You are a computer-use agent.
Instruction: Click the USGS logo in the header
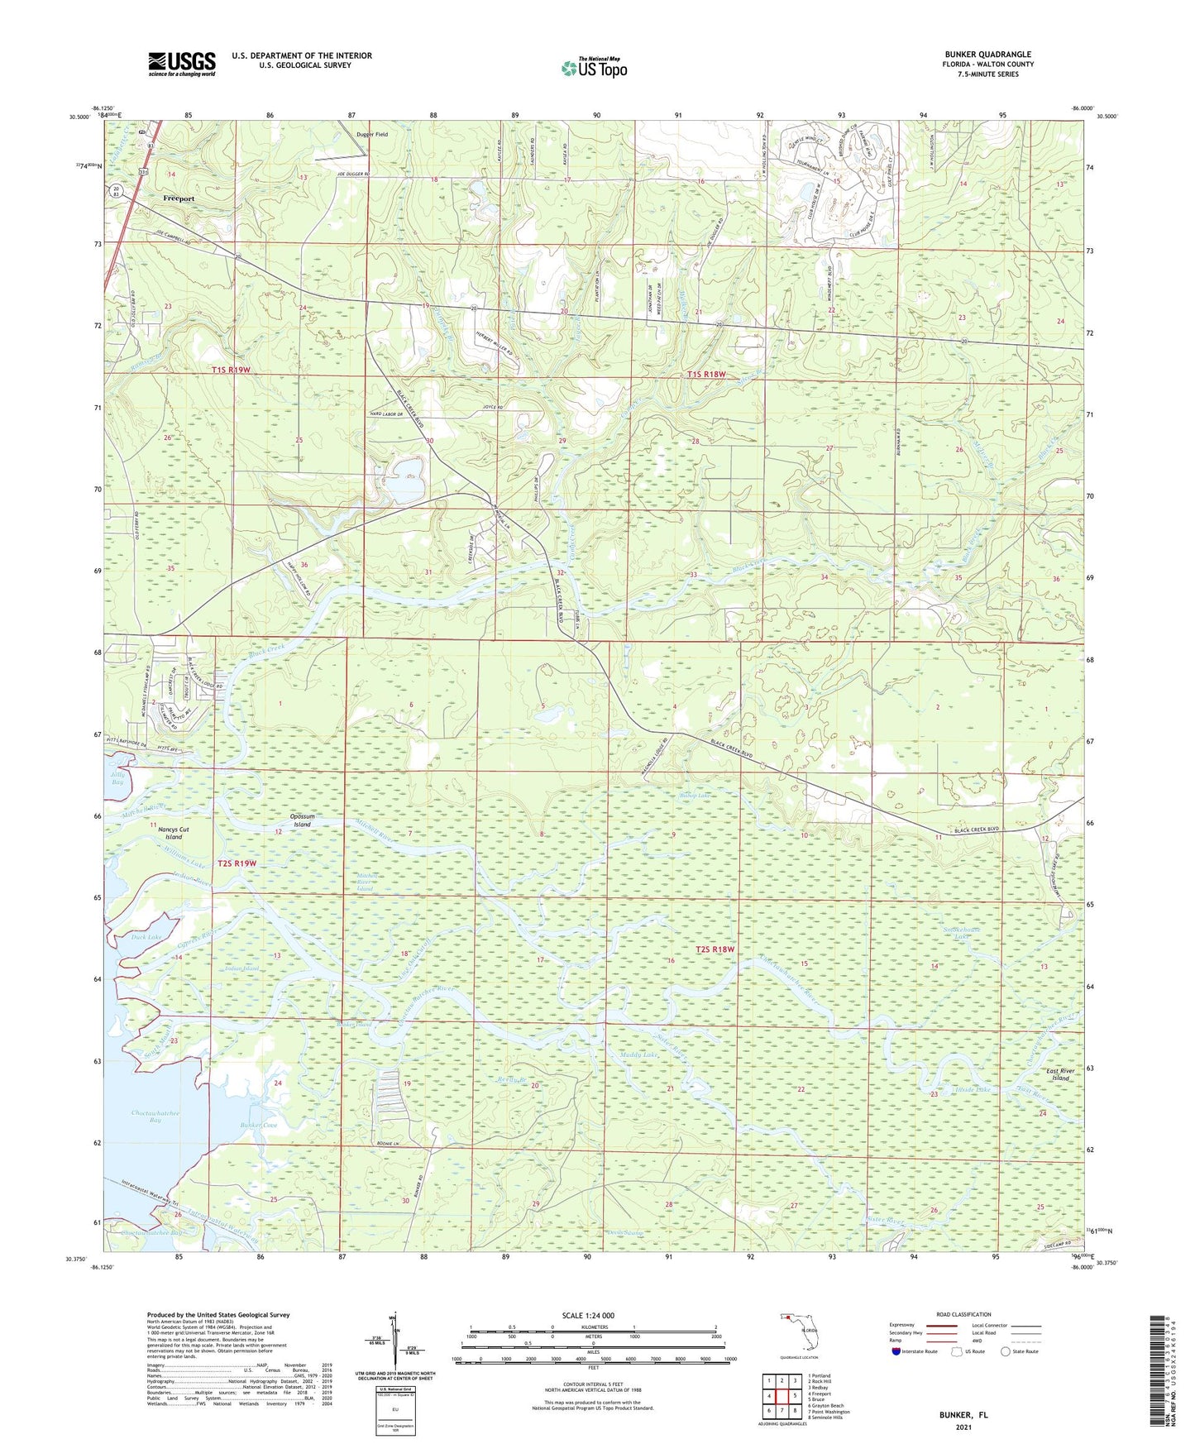pos(182,63)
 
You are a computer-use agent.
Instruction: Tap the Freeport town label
pos(179,198)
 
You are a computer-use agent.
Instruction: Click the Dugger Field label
pos(371,134)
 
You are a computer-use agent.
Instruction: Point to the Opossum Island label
pos(302,820)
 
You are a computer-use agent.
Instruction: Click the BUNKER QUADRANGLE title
pos(988,55)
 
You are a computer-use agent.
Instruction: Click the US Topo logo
pos(594,68)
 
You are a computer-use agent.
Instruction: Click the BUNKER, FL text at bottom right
pos(963,1415)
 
